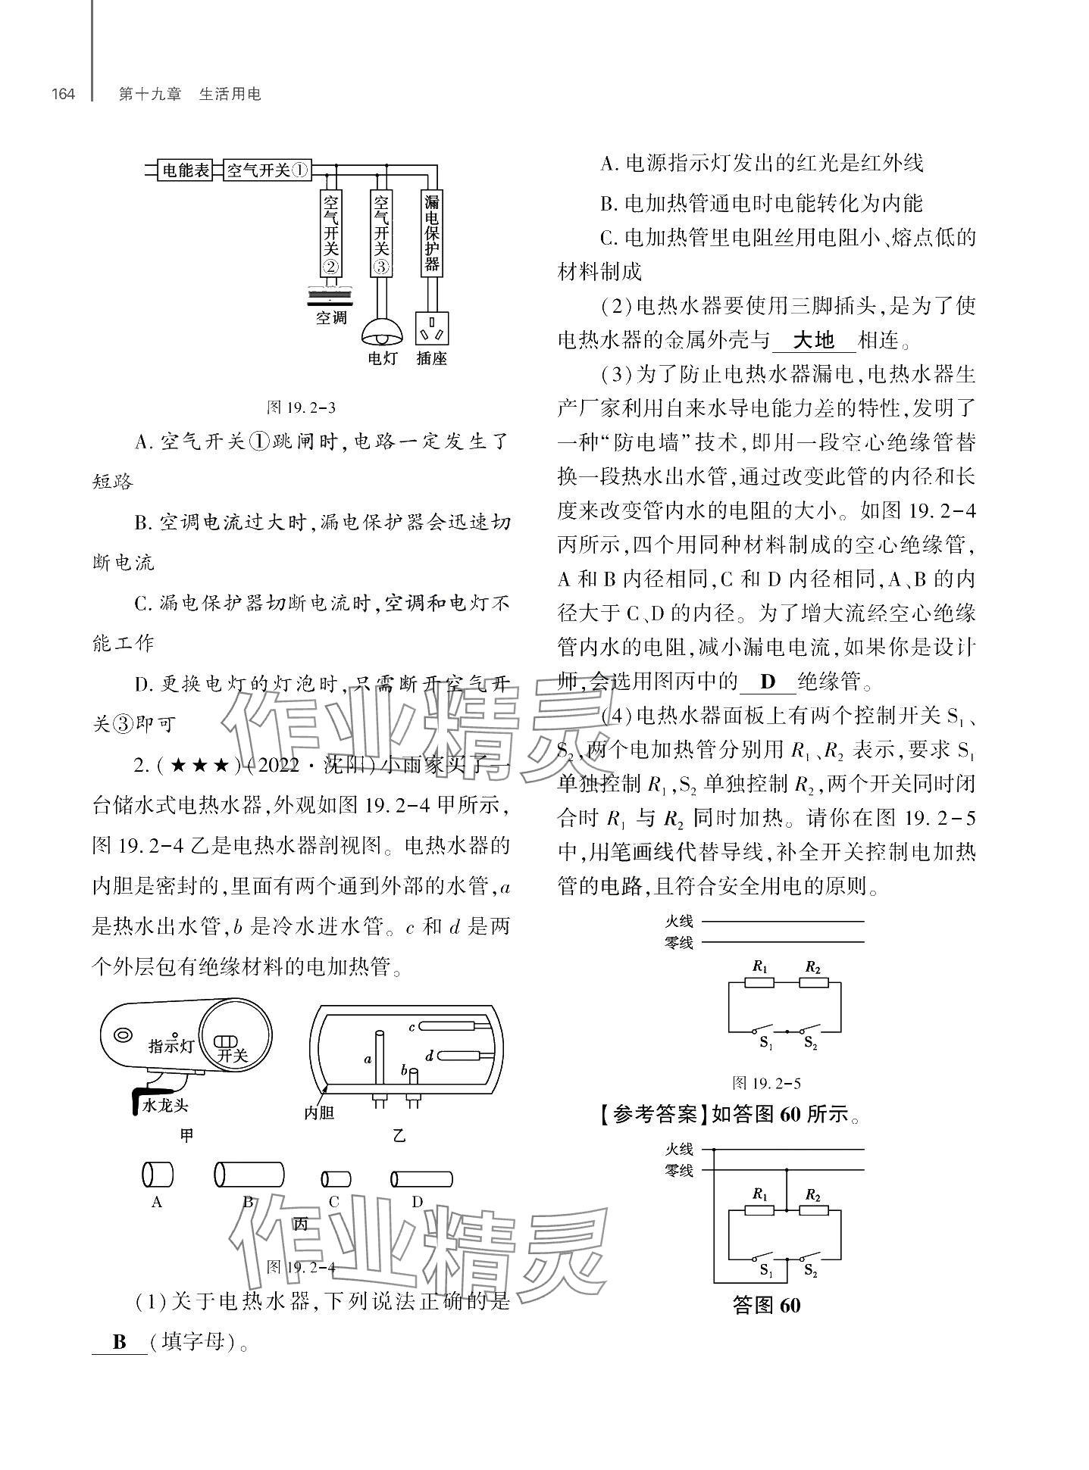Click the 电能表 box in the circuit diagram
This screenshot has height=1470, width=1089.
186,170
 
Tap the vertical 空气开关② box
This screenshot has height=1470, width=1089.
331,233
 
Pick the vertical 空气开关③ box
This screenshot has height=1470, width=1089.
381,233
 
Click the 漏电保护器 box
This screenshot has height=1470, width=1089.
431,233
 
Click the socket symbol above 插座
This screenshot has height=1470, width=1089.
431,330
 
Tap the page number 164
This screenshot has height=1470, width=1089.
63,95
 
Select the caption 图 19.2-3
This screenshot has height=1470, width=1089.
301,407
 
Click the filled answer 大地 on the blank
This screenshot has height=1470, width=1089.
812,340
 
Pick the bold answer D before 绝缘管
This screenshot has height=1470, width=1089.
768,682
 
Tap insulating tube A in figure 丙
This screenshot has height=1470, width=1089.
157,1175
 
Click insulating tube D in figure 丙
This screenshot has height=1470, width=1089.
421,1178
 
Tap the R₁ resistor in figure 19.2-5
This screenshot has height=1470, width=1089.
759,982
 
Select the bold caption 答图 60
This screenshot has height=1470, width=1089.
767,1306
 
